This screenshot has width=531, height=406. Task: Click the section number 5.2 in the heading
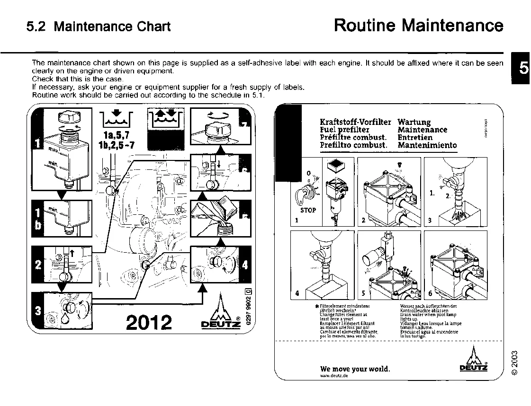click(36, 26)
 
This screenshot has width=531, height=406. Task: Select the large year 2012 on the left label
click(149, 322)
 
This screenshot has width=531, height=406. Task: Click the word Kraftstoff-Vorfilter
click(356, 122)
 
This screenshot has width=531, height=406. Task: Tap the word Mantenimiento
click(427, 145)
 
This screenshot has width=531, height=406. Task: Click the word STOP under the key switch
click(308, 210)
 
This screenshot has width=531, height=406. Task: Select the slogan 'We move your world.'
click(355, 369)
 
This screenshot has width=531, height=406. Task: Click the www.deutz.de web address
click(334, 376)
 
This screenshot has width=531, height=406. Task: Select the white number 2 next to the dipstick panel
click(38, 265)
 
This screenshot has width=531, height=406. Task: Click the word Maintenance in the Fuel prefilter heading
click(422, 130)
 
